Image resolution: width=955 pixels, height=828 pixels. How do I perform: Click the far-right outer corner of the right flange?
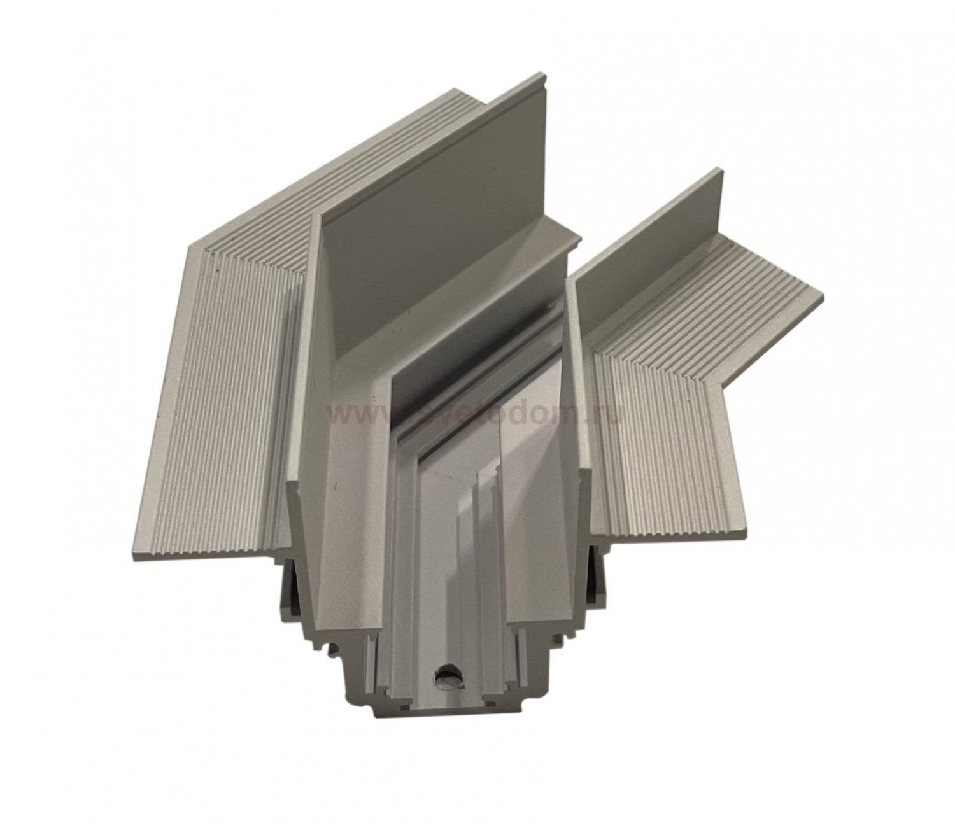(x=823, y=297)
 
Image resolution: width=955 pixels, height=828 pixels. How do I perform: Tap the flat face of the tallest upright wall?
(x=433, y=191)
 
